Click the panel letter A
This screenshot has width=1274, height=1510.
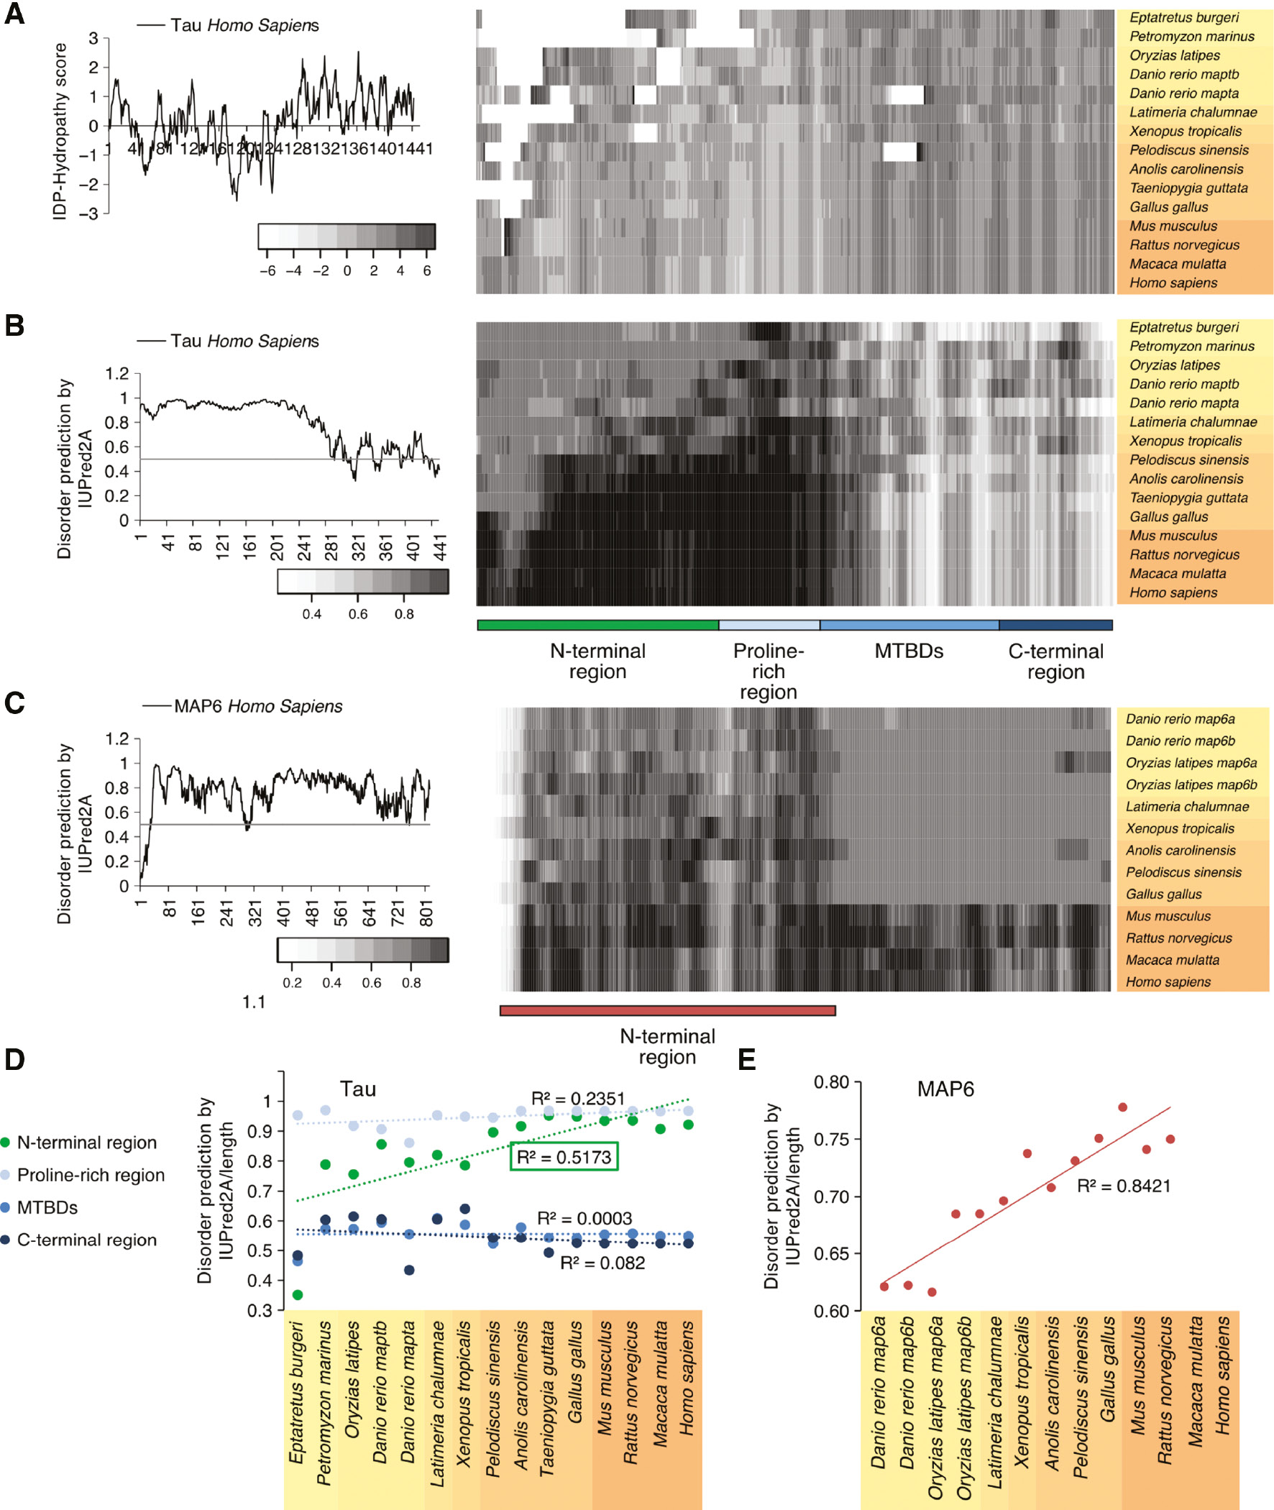[x=14, y=14]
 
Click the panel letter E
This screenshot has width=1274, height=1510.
[x=747, y=1059]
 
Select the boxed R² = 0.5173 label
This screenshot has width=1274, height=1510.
[x=564, y=1157]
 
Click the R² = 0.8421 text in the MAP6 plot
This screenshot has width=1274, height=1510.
[x=1123, y=1186]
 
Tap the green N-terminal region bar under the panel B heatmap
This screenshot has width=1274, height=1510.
[x=597, y=625]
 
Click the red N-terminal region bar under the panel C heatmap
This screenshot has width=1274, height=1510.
[x=667, y=1010]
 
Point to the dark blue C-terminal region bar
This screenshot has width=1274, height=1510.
[x=1055, y=625]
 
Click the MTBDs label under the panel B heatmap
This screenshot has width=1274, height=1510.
[x=909, y=651]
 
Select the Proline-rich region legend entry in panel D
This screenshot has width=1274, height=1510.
[x=91, y=1175]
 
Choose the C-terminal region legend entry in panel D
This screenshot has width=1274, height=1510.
[x=87, y=1240]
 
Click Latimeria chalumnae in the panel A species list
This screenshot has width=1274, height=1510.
[x=1192, y=112]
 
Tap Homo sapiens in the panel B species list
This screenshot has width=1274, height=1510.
[x=1173, y=592]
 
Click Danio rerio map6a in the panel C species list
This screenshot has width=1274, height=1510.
[x=1179, y=718]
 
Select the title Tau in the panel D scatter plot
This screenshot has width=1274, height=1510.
[x=357, y=1089]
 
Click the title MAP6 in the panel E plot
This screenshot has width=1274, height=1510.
[x=945, y=1089]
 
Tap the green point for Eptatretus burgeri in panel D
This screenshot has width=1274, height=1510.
[x=298, y=1295]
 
